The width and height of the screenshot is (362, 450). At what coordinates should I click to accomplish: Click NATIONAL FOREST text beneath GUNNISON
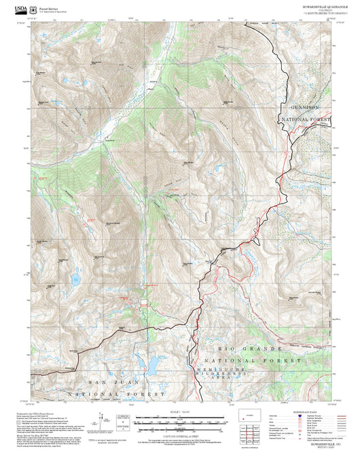pyautogui.click(x=307, y=119)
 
